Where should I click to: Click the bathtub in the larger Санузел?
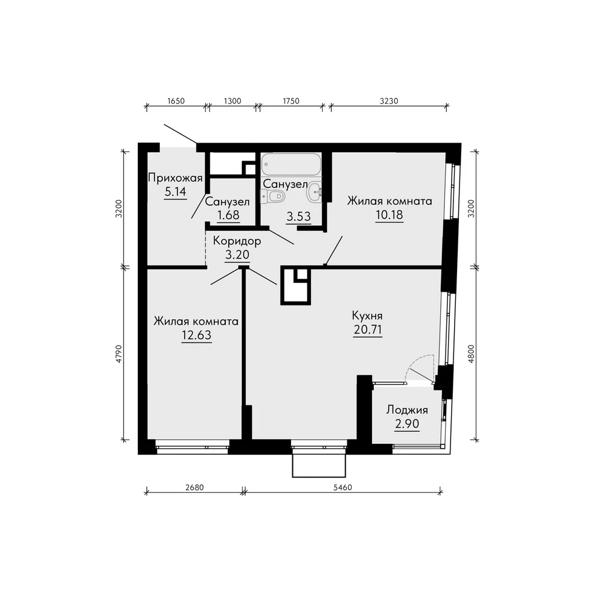[291, 164]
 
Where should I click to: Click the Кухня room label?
[367, 316]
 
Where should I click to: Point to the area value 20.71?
[368, 329]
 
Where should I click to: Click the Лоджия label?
[407, 410]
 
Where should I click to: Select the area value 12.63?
[196, 335]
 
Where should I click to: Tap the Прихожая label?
[175, 178]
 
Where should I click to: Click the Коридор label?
[237, 241]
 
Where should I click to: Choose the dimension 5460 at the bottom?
[343, 488]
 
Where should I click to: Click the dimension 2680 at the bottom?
[195, 488]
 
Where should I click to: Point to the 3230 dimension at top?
[389, 101]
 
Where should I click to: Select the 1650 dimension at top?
[176, 101]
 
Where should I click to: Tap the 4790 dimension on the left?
[119, 354]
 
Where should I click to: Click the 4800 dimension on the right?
[471, 354]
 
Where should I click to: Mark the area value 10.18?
[389, 214]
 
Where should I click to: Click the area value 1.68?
[228, 215]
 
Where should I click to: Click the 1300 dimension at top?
[232, 101]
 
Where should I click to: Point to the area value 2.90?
[407, 423]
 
